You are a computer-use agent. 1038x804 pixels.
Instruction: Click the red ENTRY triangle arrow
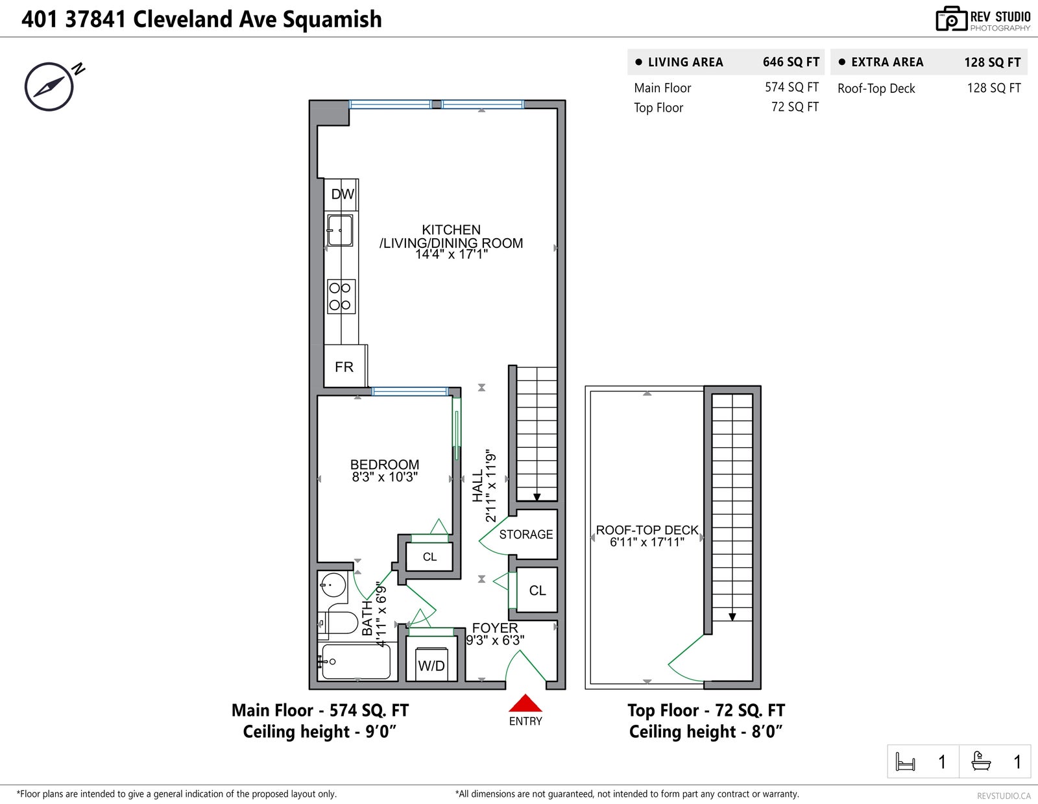(x=525, y=703)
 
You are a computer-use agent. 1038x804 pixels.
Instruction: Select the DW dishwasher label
(x=343, y=194)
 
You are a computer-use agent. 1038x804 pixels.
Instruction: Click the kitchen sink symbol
(x=340, y=230)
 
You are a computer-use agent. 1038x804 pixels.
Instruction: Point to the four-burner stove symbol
(x=341, y=296)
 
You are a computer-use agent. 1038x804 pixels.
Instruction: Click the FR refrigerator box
(x=345, y=366)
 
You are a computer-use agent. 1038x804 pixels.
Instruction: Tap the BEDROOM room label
(x=385, y=465)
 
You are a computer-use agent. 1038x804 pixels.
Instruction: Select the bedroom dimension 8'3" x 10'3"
(x=385, y=477)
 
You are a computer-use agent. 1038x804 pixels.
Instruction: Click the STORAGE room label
(x=526, y=534)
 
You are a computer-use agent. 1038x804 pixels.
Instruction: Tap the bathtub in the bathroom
(x=356, y=661)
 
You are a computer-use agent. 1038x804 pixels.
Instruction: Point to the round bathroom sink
(x=333, y=584)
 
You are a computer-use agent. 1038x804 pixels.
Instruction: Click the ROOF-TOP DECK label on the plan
(x=647, y=530)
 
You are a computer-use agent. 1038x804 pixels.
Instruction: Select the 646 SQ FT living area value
(x=791, y=62)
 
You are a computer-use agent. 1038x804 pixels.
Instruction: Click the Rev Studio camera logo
(x=951, y=19)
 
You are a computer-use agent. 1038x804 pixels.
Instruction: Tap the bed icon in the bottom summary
(x=905, y=761)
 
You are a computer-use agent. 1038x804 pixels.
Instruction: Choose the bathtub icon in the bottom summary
(x=981, y=761)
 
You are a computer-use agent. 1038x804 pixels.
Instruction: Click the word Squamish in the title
(x=332, y=19)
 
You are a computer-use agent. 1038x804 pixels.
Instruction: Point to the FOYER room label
(x=495, y=627)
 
